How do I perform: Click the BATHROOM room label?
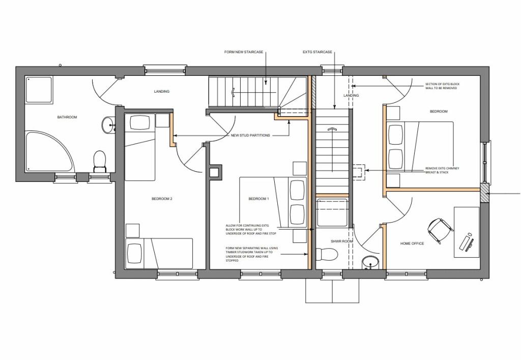click(x=67, y=118)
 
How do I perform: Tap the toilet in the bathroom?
click(x=99, y=160)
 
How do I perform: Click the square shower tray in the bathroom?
click(x=39, y=90)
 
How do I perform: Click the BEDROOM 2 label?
click(x=162, y=199)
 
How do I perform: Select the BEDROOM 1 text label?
click(x=258, y=199)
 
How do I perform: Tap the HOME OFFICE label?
click(x=412, y=243)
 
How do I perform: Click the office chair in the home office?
click(x=438, y=229)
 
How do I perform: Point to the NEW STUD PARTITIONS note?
click(x=250, y=135)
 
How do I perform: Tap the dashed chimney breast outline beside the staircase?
click(x=358, y=172)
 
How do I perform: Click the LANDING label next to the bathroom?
click(x=162, y=92)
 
